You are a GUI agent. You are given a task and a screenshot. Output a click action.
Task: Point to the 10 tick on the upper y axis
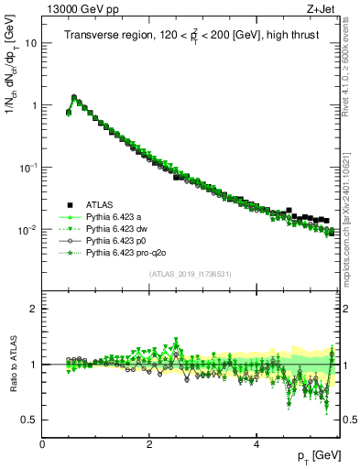(x=29, y=43)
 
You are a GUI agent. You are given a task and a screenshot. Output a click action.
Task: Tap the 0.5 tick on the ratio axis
(x=29, y=420)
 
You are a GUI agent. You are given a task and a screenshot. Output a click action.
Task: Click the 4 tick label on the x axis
(x=256, y=443)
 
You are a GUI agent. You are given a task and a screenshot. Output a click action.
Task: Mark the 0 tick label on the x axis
(x=42, y=443)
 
